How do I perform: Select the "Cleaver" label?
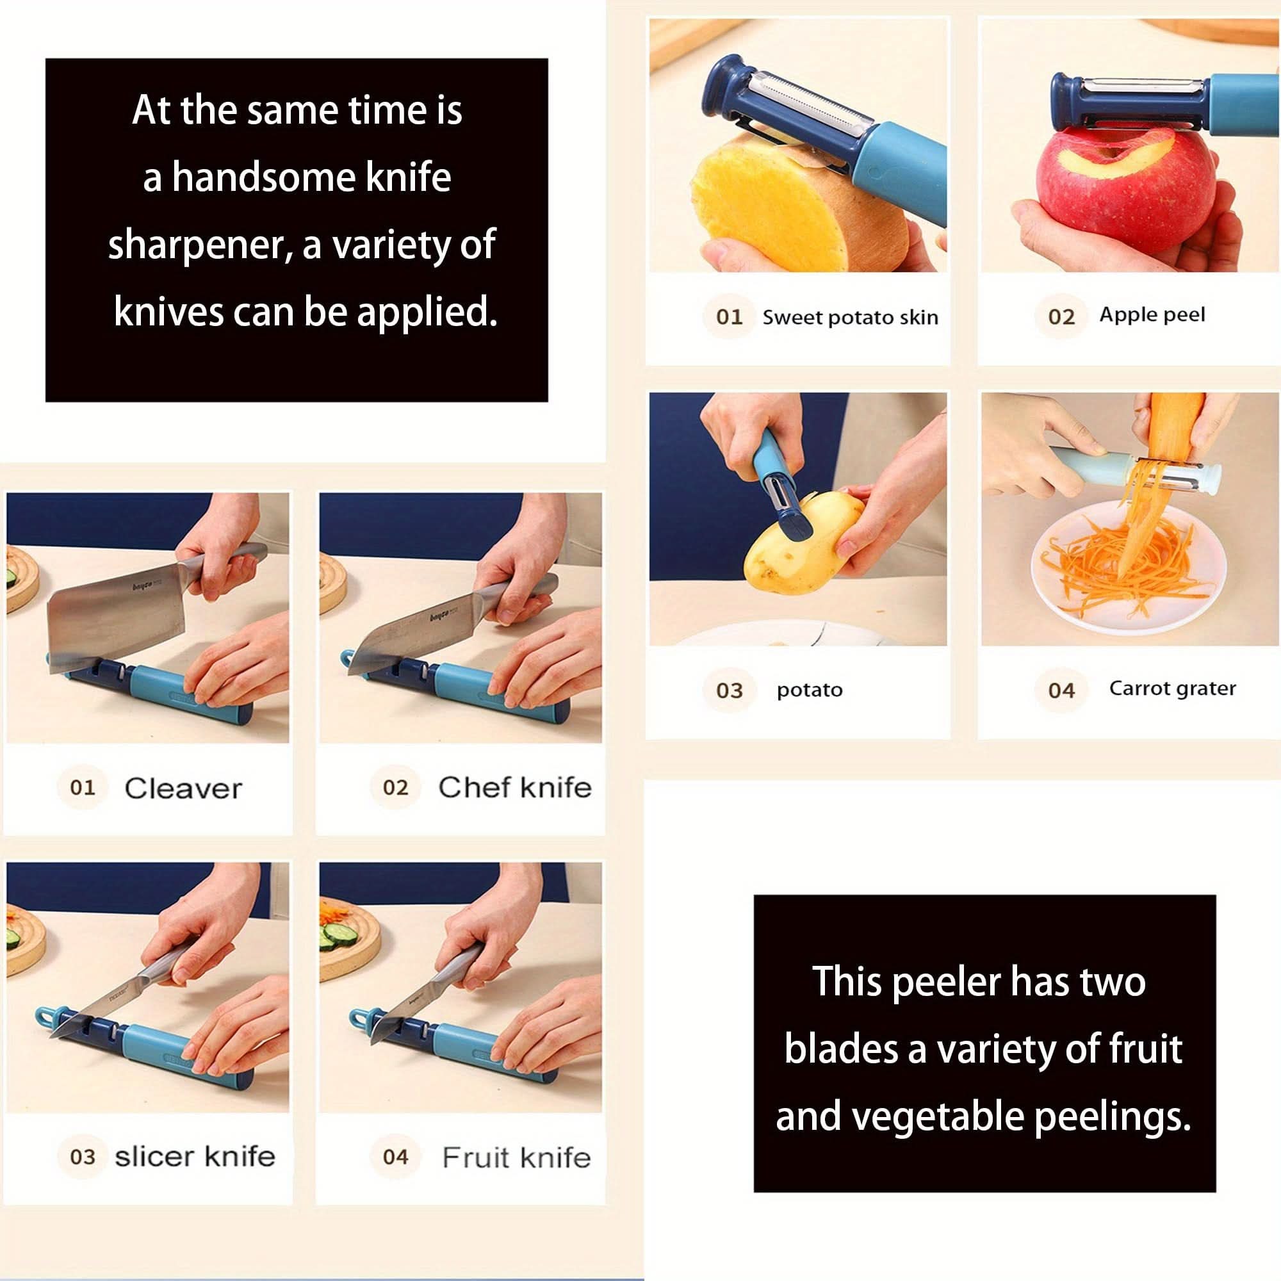point(183,788)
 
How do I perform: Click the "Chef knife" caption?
point(514,788)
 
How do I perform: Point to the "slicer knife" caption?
point(195,1156)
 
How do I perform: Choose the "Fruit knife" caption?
point(516,1157)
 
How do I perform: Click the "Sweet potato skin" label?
point(850,318)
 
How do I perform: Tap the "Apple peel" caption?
point(1152,314)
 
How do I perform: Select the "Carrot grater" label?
point(1172,689)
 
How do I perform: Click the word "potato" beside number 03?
point(810,690)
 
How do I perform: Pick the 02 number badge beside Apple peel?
point(1061,316)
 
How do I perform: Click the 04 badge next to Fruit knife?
point(395,1157)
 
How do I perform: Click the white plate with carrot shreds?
point(1127,570)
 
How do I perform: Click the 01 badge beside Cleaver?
point(82,788)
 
